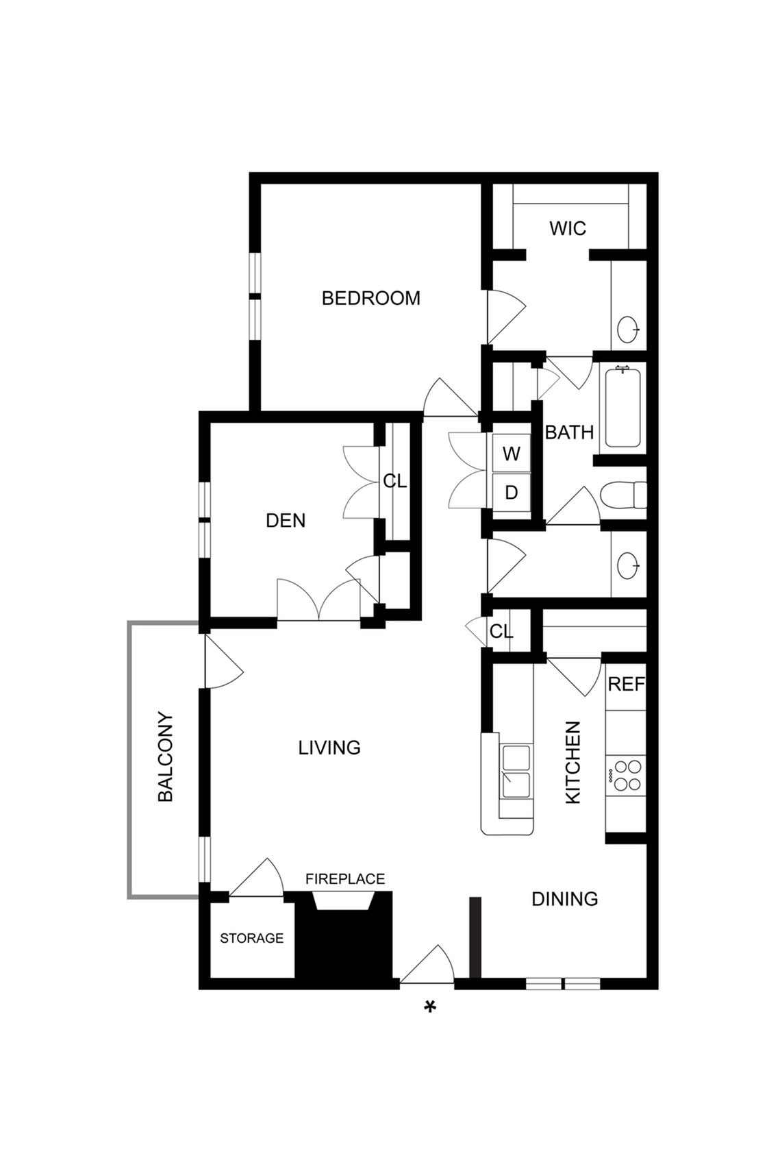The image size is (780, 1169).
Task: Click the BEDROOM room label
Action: tap(370, 298)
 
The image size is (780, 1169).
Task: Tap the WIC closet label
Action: tap(567, 228)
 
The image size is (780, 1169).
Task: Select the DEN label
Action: tap(285, 520)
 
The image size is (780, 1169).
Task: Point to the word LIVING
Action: tap(329, 748)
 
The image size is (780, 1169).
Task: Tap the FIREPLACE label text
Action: tap(345, 879)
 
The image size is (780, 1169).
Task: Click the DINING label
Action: tap(565, 898)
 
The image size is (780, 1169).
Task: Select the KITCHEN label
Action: tap(573, 763)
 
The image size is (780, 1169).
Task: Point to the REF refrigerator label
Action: tap(626, 684)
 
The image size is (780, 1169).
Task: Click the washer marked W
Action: tap(512, 454)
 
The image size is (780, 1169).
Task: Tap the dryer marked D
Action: tap(512, 492)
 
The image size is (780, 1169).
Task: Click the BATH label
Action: tap(569, 432)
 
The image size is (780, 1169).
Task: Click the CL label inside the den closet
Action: tap(394, 481)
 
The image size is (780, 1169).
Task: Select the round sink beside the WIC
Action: tap(628, 330)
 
